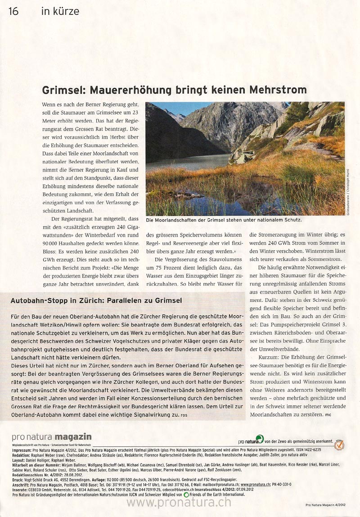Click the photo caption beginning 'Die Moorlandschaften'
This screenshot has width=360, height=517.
224,220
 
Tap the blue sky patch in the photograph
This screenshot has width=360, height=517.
178,108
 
